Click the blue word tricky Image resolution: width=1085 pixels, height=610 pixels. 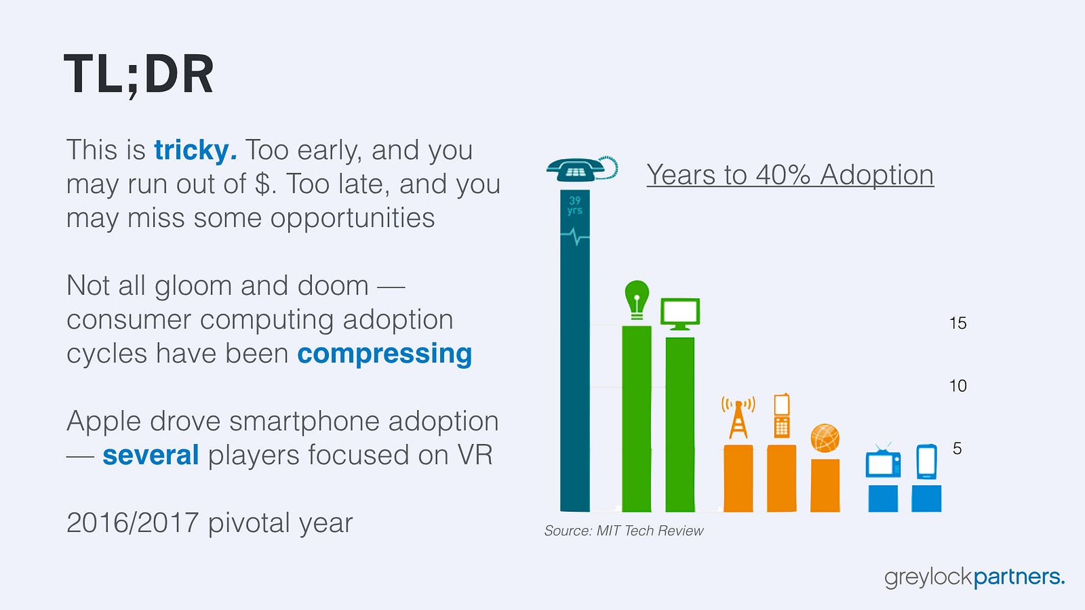(196, 150)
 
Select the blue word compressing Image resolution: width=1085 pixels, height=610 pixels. (384, 354)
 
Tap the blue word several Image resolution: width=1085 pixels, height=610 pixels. (151, 455)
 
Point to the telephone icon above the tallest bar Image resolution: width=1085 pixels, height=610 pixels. (582, 169)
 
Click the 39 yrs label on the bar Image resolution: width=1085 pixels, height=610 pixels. (575, 206)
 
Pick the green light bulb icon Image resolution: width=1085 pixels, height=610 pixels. (637, 300)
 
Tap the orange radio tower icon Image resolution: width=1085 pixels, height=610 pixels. (738, 418)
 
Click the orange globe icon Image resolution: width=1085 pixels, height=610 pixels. (825, 438)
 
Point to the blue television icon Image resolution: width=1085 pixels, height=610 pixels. (883, 460)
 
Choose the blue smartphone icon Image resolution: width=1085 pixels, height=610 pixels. (926, 462)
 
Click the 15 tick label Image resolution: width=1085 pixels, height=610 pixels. (958, 323)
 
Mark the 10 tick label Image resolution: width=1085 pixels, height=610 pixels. (958, 386)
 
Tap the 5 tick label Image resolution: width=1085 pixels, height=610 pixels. (957, 449)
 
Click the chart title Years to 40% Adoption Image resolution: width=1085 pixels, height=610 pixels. (790, 175)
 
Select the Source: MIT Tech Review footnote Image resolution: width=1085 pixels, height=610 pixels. (624, 531)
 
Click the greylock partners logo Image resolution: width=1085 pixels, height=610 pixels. (974, 577)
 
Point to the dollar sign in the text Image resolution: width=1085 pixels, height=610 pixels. (263, 184)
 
